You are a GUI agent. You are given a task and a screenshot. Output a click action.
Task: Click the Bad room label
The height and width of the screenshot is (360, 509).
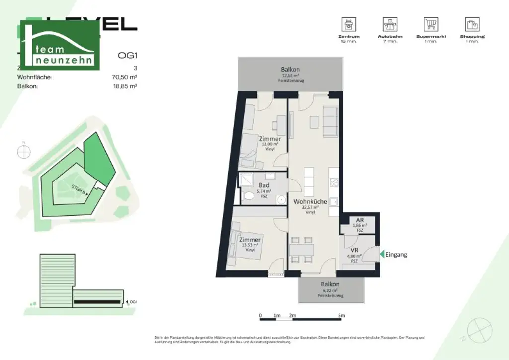pyautogui.click(x=264, y=185)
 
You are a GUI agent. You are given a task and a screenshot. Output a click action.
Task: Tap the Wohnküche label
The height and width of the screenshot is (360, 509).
pyautogui.click(x=310, y=202)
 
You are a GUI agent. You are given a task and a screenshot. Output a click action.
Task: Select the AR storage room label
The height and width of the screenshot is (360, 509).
pyautogui.click(x=360, y=220)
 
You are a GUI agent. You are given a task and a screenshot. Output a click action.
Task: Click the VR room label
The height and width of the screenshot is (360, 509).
pyautogui.click(x=354, y=250)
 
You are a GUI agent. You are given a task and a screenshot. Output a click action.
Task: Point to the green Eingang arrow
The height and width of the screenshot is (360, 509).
pyautogui.click(x=381, y=254)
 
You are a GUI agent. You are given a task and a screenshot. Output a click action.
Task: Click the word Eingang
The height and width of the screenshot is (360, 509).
pyautogui.click(x=396, y=255)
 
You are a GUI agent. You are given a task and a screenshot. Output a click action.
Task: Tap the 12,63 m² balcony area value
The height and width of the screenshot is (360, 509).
pyautogui.click(x=290, y=76)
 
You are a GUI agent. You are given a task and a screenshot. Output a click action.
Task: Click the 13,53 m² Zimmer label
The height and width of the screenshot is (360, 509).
pyautogui.click(x=250, y=245)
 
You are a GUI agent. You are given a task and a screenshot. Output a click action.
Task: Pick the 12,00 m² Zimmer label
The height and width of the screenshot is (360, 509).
pyautogui.click(x=270, y=144)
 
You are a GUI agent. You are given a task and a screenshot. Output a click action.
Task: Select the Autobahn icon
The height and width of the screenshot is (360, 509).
pyautogui.click(x=390, y=24)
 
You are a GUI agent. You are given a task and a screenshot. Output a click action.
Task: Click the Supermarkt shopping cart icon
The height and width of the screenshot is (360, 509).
pyautogui.click(x=431, y=24)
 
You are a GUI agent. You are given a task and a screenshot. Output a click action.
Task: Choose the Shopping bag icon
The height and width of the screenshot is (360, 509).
pyautogui.click(x=472, y=24)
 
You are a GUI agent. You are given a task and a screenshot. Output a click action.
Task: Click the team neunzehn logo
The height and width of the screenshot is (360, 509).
pyautogui.click(x=60, y=46)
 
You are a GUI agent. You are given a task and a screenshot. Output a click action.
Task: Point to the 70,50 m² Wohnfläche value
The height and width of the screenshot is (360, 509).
pyautogui.click(x=125, y=77)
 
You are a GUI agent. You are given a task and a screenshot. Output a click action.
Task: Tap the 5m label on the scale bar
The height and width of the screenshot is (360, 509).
pyautogui.click(x=341, y=315)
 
